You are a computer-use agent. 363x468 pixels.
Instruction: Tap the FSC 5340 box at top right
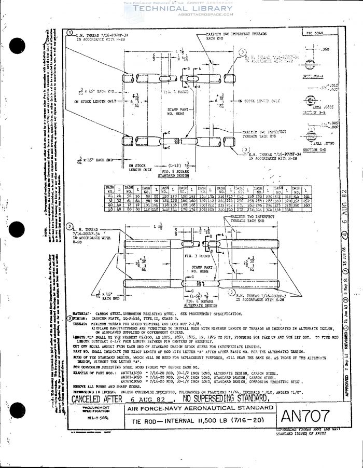[314, 33]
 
